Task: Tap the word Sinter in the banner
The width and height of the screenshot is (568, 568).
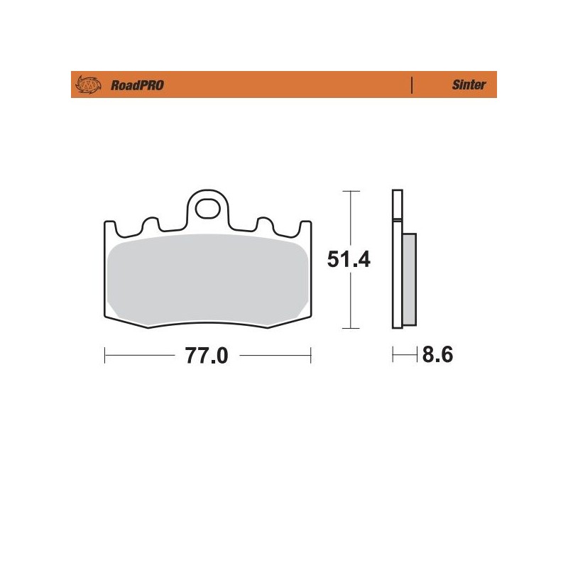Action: [x=469, y=85]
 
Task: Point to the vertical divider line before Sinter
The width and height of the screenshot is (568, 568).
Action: [x=412, y=85]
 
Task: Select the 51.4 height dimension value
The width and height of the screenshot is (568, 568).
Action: [x=349, y=260]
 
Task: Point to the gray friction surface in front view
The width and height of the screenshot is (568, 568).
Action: [x=207, y=280]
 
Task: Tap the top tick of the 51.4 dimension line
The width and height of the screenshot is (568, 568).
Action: [x=347, y=192]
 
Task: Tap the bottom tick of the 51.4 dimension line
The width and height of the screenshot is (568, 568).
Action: [x=347, y=328]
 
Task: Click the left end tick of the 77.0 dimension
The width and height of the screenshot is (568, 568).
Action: [x=105, y=353]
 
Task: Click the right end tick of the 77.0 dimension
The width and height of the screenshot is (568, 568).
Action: [x=310, y=353]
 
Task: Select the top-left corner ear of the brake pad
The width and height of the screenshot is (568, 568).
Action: [x=109, y=226]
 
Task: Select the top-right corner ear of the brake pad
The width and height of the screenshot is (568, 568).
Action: [x=306, y=226]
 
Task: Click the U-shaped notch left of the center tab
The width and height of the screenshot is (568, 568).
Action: [x=150, y=224]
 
